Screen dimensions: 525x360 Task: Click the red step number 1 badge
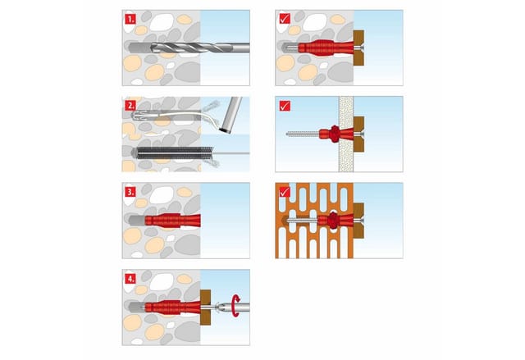pos(130,19)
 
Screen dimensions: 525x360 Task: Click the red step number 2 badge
pos(130,106)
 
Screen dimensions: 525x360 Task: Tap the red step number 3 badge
pos(130,192)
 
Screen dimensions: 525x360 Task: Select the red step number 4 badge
pos(130,279)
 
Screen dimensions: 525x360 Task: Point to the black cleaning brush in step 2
pos(174,153)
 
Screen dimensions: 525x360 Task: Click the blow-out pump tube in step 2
pos(231,115)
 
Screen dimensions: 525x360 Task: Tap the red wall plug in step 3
pos(173,221)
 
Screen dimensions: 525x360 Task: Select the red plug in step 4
pos(173,308)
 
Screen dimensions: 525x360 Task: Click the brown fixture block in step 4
pos(206,308)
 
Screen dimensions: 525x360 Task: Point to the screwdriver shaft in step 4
pos(235,307)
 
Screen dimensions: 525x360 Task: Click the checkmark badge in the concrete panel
pos(285,19)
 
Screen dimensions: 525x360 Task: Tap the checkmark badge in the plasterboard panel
pos(285,106)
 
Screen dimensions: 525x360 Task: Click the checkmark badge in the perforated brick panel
pos(285,192)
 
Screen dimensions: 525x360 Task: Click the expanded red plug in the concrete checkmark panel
pos(326,48)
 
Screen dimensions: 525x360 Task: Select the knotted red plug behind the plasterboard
pos(336,134)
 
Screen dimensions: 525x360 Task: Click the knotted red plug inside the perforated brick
pos(336,220)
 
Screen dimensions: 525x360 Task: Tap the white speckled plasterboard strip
pos(346,134)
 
